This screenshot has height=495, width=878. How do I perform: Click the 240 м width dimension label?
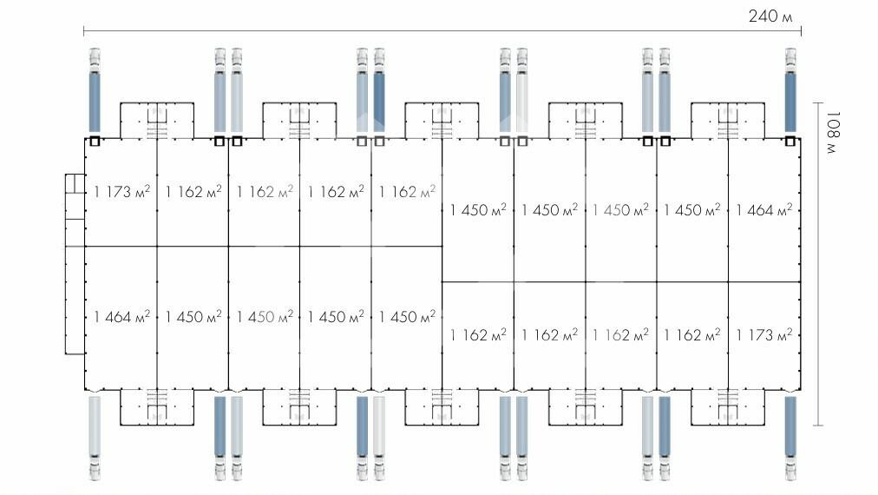coord(771,16)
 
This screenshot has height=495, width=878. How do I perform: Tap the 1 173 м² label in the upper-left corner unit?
coord(121,191)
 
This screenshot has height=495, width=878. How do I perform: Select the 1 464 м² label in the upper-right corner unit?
coord(764,209)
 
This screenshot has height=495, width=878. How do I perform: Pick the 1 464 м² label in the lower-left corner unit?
coord(121,317)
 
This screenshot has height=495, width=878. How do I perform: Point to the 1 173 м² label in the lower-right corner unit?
coord(764,334)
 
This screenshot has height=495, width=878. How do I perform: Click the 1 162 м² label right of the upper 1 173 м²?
coord(193,191)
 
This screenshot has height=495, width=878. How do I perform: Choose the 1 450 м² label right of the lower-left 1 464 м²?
coord(193,317)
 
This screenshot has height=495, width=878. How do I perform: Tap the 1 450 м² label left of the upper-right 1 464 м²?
coord(692,209)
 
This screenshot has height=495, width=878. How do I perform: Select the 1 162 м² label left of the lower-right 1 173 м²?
coord(692,334)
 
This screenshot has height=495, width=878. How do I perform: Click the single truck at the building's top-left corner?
coord(95,91)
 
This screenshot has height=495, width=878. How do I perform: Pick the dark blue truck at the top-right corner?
coord(790,91)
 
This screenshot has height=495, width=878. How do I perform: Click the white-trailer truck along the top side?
coord(521,91)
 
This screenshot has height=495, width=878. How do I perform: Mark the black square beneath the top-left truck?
coord(95,141)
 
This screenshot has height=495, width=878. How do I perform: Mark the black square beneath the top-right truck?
coord(790,141)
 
